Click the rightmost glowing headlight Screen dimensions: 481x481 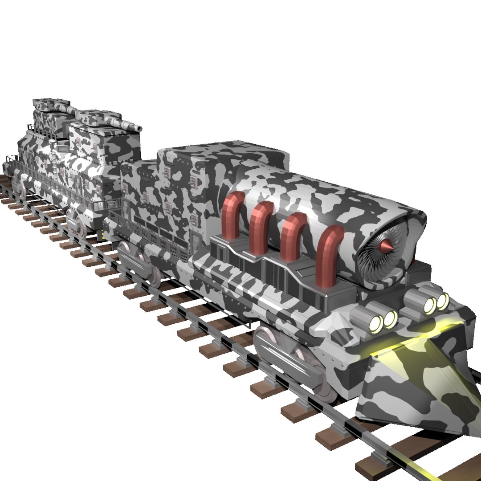pos(442,302)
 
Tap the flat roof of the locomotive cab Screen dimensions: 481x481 pos(223,154)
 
